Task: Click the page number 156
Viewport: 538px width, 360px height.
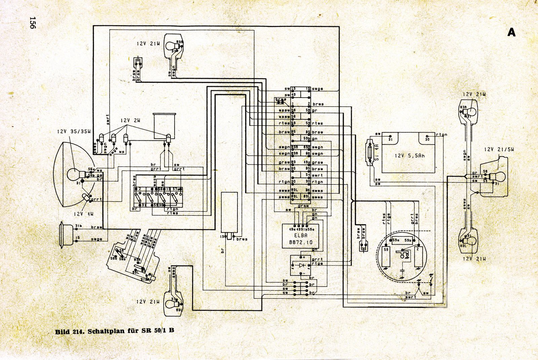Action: [x=32, y=23]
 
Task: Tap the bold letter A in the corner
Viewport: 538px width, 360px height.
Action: [x=511, y=32]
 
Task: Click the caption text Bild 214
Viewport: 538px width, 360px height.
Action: [x=69, y=331]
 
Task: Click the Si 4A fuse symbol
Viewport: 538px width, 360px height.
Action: [x=371, y=151]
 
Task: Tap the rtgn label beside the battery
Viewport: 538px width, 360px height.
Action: [x=441, y=135]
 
